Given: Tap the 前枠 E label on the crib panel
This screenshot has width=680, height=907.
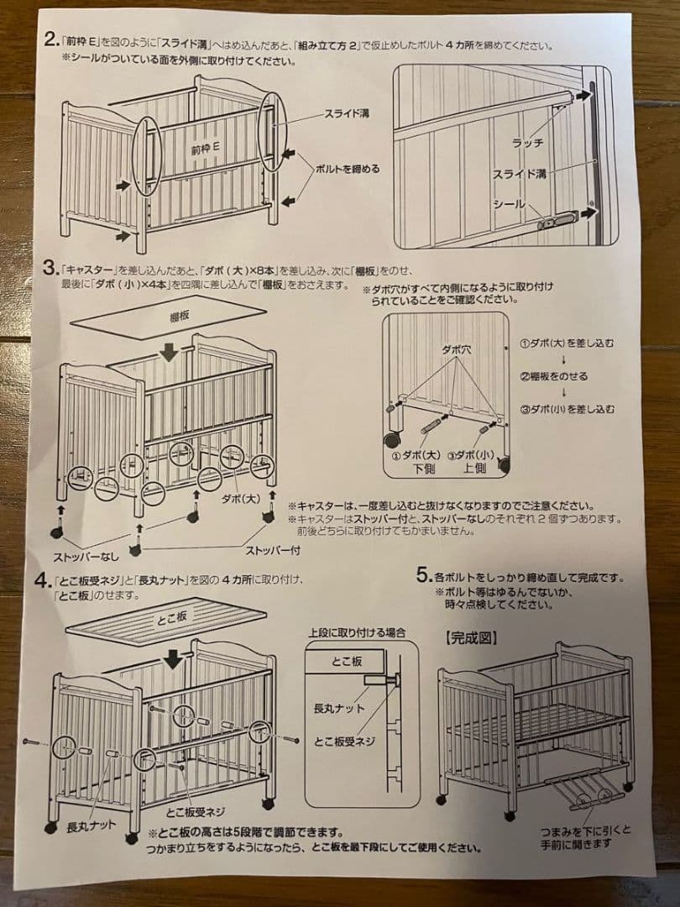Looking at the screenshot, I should click(204, 148).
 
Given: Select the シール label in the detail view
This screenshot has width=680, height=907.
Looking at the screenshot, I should click(509, 205).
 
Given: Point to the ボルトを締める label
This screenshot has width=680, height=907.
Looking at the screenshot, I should click(347, 168).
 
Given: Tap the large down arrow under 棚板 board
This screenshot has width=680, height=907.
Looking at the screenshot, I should click(170, 350).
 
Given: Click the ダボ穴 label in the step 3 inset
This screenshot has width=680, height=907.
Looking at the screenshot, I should click(454, 346).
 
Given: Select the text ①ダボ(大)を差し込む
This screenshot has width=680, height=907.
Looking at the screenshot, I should click(567, 343).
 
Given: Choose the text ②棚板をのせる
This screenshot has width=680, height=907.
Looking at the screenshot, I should click(555, 376).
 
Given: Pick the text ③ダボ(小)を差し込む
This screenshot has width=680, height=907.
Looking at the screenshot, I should click(567, 409).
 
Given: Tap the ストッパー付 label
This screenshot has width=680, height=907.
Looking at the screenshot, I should click(272, 551).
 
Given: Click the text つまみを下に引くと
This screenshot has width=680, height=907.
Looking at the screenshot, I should click(585, 831).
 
